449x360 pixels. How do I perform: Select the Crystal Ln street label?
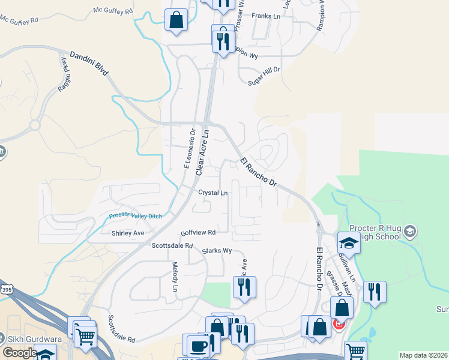point(213,193)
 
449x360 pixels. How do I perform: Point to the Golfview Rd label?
point(198,232)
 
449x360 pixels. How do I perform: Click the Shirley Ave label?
point(128,233)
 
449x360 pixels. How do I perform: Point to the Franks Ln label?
point(266,16)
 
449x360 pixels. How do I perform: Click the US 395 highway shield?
point(6,290)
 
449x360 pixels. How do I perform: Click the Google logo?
point(20,353)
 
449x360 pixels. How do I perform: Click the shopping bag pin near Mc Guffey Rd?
point(176,20)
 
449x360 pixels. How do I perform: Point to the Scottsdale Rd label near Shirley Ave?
point(172,245)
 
